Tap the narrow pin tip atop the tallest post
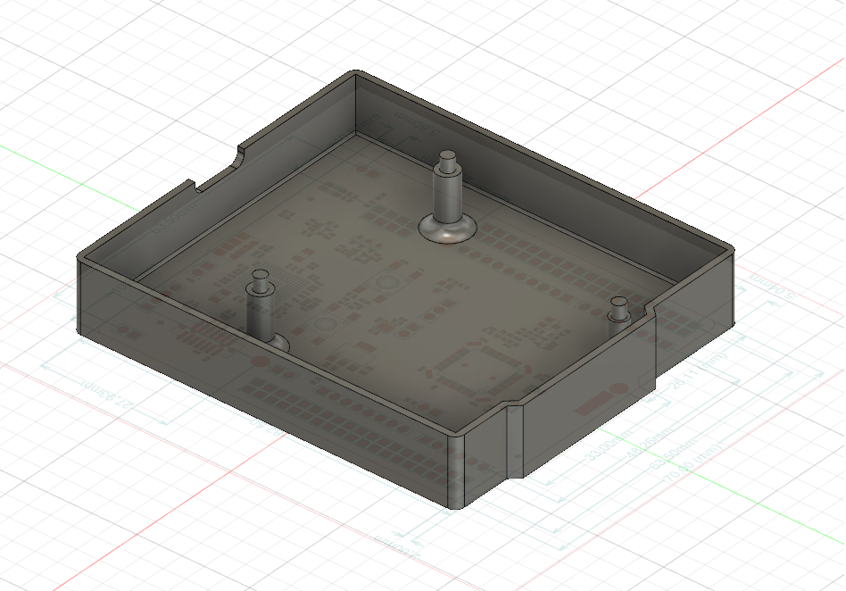click(x=446, y=159)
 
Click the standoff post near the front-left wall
click(x=260, y=308)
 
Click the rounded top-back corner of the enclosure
click(x=356, y=73)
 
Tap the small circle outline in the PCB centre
click(x=388, y=285)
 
